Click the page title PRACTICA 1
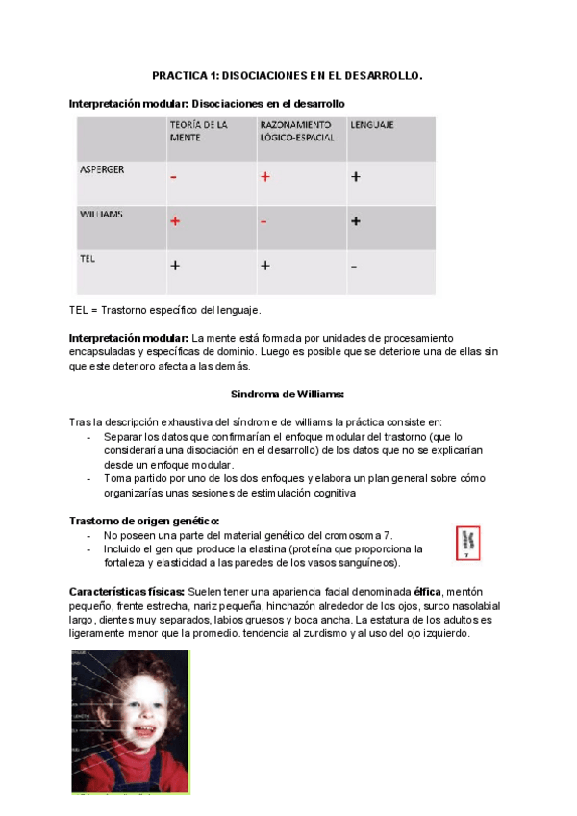288,75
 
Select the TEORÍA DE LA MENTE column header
198,131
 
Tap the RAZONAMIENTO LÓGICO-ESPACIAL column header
296,131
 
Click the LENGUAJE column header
371,125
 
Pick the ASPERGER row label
101,169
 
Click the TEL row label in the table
88,258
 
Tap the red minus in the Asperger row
174,177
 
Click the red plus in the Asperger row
264,177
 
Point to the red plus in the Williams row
175,221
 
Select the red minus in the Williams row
263,221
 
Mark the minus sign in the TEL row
354,266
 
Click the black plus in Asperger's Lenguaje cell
355,177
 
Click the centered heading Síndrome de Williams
288,394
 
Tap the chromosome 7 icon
466,544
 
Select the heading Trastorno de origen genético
144,521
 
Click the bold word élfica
428,590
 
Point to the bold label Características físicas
127,590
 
